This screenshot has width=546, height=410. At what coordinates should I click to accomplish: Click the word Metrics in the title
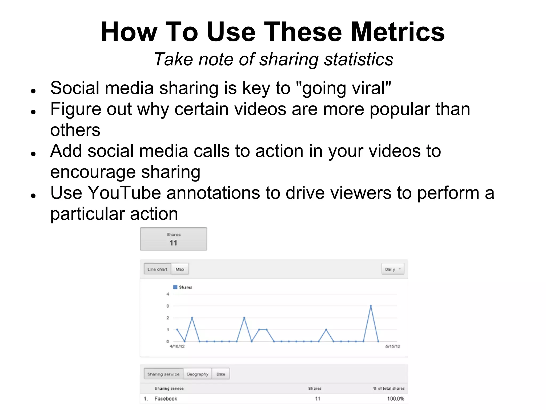pyautogui.click(x=398, y=32)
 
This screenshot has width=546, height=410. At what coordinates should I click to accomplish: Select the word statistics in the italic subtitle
pyautogui.click(x=359, y=59)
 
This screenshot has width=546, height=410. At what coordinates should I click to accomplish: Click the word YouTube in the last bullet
pyautogui.click(x=124, y=193)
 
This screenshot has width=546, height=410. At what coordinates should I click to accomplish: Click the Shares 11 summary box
pyautogui.click(x=174, y=239)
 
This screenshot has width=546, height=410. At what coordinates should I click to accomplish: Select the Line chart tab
pyautogui.click(x=157, y=269)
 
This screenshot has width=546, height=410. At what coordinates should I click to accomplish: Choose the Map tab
pyautogui.click(x=180, y=269)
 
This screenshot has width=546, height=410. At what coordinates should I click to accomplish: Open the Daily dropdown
pyautogui.click(x=393, y=269)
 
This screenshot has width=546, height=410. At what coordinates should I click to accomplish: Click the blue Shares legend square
pyautogui.click(x=175, y=287)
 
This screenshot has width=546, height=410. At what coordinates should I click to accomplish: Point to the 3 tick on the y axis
pyautogui.click(x=168, y=306)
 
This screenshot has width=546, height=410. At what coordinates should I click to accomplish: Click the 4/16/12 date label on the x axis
pyautogui.click(x=177, y=346)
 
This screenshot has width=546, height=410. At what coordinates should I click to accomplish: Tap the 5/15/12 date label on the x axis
pyautogui.click(x=392, y=346)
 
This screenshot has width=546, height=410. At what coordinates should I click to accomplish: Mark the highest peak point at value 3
pyautogui.click(x=371, y=306)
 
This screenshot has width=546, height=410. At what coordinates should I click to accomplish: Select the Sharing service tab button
pyautogui.click(x=163, y=374)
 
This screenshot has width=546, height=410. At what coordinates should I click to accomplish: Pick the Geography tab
pyautogui.click(x=197, y=374)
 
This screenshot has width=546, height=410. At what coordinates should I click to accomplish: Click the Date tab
pyautogui.click(x=221, y=374)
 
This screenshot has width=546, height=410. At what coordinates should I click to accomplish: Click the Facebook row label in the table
pyautogui.click(x=166, y=399)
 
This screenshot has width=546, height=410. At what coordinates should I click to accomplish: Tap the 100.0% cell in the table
pyautogui.click(x=396, y=399)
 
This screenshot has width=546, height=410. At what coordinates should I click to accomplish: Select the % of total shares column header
pyautogui.click(x=389, y=388)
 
